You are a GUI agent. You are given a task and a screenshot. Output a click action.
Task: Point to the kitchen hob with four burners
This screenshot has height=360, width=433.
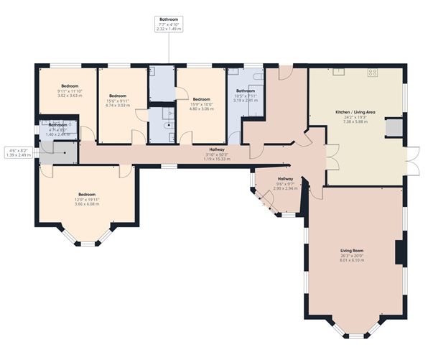click(373, 72)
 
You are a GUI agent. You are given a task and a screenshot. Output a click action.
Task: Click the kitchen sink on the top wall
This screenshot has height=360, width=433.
click(337, 71)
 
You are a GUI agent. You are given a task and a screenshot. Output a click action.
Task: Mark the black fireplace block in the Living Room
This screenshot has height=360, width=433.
click(400, 253)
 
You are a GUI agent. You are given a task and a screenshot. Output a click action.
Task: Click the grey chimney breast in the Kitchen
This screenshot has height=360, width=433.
click(394, 127)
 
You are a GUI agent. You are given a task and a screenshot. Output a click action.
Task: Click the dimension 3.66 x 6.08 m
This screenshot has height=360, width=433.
click(87, 203)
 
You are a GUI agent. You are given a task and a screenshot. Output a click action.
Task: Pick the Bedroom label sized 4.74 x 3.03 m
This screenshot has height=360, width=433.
click(118, 104)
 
